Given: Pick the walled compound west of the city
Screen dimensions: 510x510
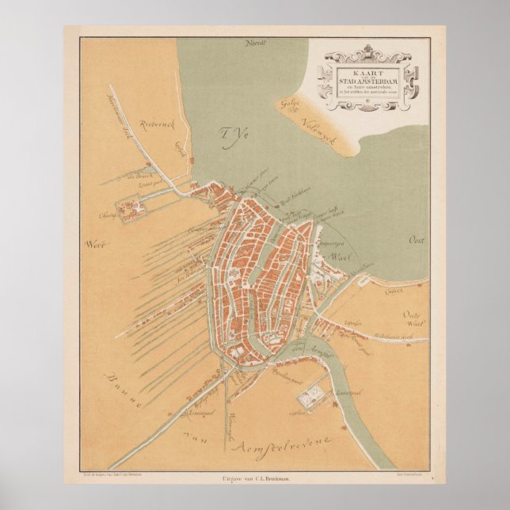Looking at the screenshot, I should point(130,210).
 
